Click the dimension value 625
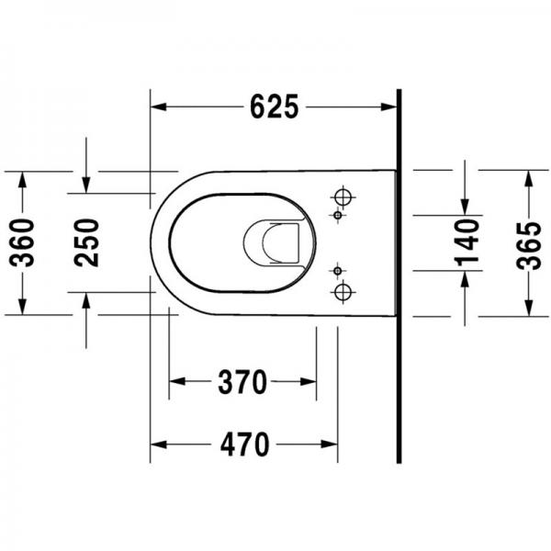click(x=274, y=107)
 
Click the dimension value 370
click(x=243, y=380)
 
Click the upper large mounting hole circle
click(x=343, y=197)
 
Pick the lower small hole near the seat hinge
click(x=337, y=272)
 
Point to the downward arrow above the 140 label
click(x=467, y=203)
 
